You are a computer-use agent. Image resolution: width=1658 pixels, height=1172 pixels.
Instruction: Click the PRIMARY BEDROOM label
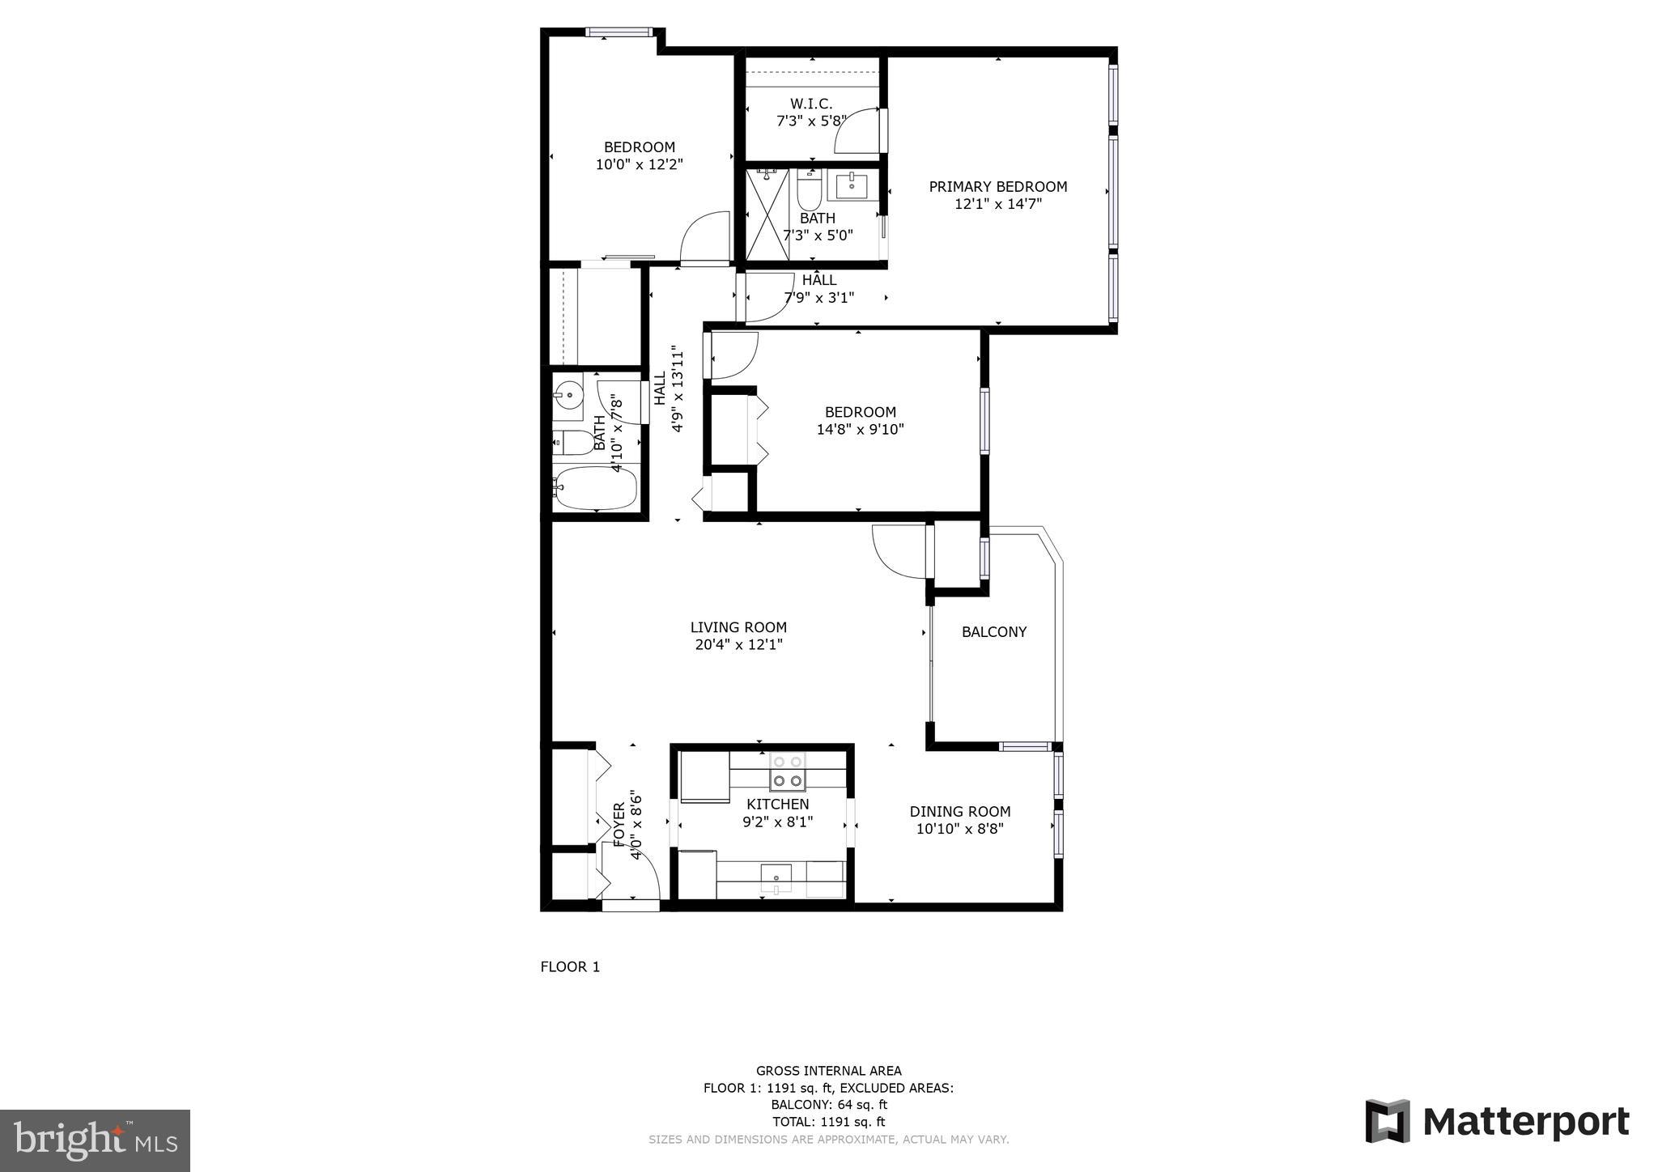[x=997, y=187]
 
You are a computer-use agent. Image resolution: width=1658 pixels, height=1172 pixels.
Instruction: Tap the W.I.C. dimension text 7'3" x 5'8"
[x=811, y=121]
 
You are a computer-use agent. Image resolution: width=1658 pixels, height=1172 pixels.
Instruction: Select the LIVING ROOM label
[x=738, y=627]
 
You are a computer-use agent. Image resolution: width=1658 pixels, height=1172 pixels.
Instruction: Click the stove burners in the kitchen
[x=788, y=771]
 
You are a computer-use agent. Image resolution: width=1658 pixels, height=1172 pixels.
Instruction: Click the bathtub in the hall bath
[x=596, y=487]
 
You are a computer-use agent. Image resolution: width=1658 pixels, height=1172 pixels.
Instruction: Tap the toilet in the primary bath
[x=809, y=191]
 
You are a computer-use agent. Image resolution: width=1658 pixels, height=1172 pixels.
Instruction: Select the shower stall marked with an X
[x=766, y=214]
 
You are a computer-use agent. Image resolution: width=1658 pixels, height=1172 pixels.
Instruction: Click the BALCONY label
[x=993, y=632]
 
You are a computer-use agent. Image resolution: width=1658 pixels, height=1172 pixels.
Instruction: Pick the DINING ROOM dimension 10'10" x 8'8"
[x=959, y=829]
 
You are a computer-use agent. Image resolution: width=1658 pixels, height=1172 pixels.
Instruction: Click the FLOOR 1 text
[x=570, y=966]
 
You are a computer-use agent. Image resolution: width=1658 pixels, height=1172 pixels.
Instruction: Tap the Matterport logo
[x=1497, y=1122]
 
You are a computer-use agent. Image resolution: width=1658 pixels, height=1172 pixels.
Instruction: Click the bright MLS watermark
[x=95, y=1141]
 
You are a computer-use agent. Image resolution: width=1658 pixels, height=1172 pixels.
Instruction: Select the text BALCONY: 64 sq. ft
[x=828, y=1104]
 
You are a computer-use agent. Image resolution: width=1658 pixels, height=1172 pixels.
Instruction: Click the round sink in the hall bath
[x=568, y=397]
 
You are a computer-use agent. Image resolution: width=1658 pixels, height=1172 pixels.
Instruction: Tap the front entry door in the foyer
[x=631, y=904]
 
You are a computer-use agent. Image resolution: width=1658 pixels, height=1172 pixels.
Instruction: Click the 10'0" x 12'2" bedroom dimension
[x=639, y=164]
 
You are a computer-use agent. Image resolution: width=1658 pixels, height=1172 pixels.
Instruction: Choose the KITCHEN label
[x=777, y=804]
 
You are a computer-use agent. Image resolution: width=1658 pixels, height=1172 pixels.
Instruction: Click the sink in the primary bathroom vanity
[x=851, y=186]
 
